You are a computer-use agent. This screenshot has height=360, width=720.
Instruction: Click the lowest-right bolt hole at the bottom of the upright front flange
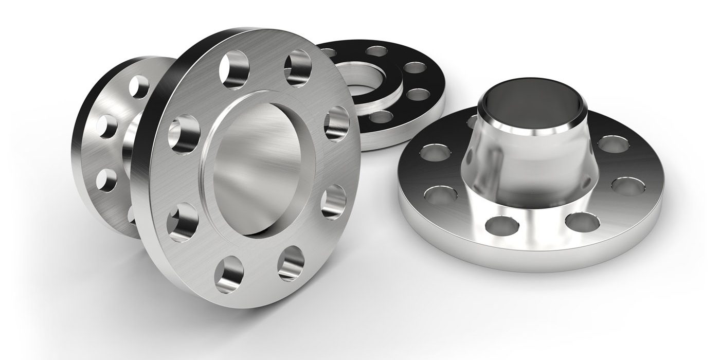(291, 262)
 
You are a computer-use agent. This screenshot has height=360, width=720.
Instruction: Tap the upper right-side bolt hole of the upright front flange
(337, 123)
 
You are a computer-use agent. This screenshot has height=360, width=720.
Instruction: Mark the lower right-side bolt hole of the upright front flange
(334, 202)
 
